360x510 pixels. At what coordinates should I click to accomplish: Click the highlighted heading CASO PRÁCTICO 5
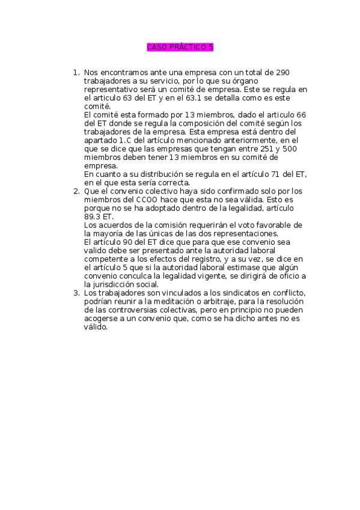point(180,47)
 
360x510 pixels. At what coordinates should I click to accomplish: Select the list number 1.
point(76,73)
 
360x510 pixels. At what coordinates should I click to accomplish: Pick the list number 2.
point(76,191)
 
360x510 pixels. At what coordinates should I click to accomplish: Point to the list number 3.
point(76,293)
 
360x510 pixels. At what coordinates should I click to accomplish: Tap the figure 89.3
point(94,217)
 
